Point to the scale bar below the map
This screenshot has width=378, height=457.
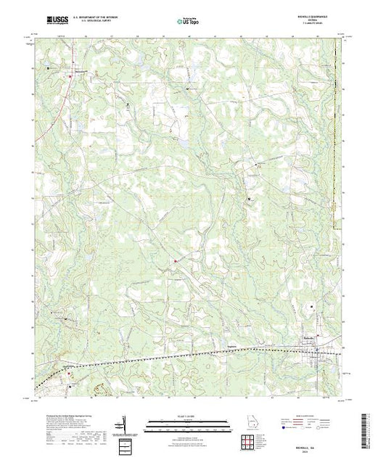(189, 424)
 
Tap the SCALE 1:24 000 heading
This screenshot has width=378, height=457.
(189, 416)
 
